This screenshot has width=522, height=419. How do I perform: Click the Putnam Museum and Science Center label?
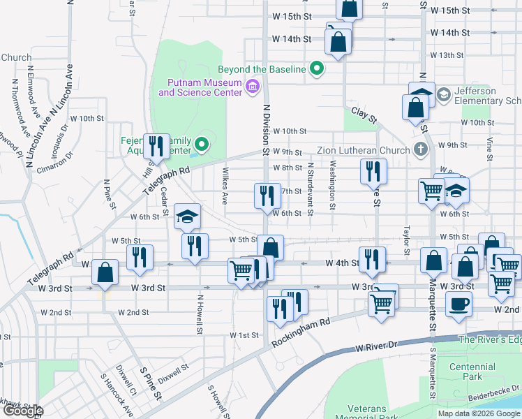200,87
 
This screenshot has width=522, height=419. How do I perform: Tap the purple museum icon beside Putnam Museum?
253,87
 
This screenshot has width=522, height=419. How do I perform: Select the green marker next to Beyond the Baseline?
317,68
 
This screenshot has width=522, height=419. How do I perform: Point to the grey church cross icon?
419,149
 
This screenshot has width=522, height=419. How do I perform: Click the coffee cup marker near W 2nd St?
458,304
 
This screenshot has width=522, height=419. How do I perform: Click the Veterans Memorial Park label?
373,413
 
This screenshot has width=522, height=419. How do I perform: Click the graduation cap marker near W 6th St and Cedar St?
187,216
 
